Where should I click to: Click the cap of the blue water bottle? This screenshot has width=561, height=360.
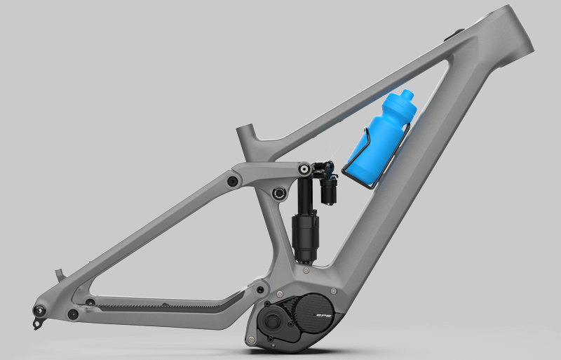407,95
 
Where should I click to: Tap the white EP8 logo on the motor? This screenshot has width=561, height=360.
325,316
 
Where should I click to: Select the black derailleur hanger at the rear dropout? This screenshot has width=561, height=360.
37,324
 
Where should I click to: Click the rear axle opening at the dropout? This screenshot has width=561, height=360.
39,310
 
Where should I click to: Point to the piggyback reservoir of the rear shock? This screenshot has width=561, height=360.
328,189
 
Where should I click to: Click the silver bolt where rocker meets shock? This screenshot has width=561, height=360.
304,168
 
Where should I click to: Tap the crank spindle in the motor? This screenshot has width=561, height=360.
272,318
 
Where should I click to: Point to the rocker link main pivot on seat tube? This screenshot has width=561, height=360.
278,194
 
